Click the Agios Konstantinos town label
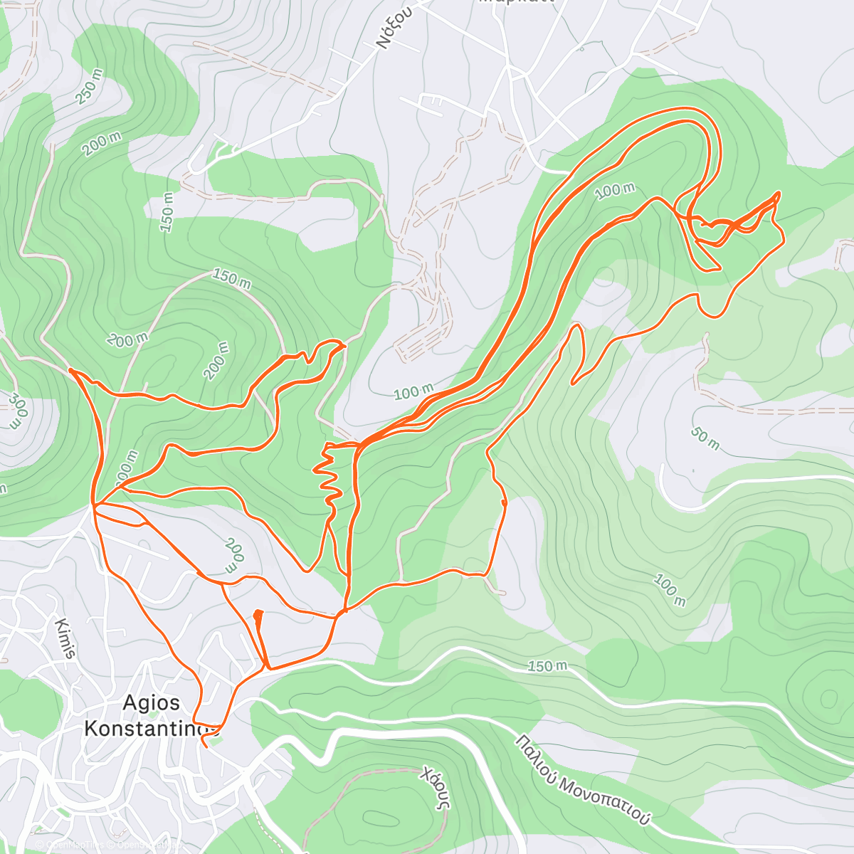(x=150, y=715)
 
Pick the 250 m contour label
(x=90, y=86)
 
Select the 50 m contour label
(x=705, y=439)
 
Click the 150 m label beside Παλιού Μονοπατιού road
(x=547, y=666)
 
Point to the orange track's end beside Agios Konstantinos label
(x=204, y=745)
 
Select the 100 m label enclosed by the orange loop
(x=615, y=190)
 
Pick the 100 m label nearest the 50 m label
(x=669, y=591)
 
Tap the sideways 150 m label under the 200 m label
(x=168, y=211)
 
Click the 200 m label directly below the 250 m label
(x=102, y=144)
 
